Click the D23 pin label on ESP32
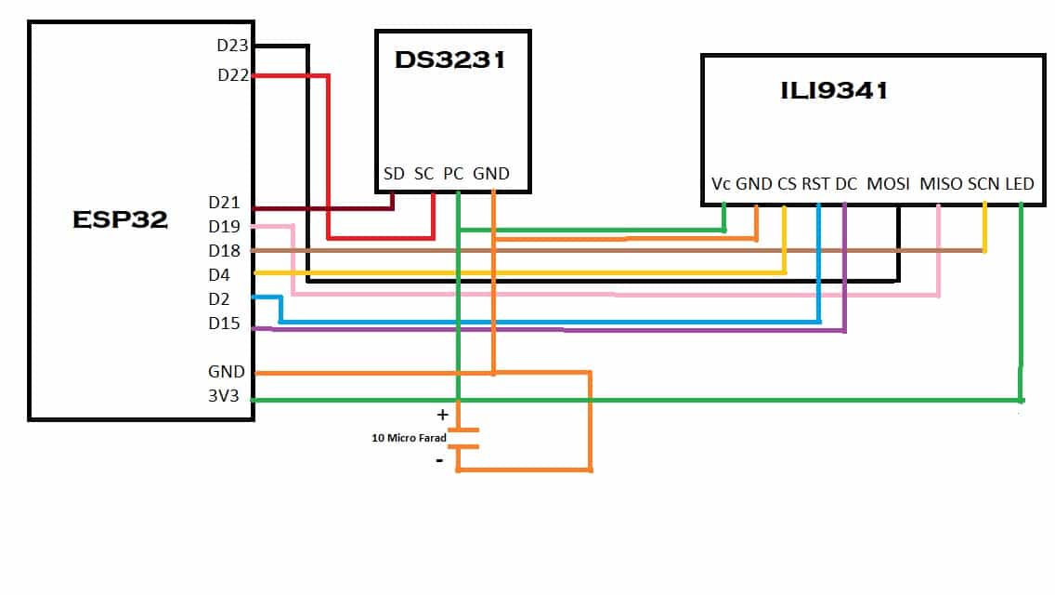[232, 45]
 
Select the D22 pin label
[232, 75]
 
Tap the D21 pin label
[224, 203]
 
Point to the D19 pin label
[224, 226]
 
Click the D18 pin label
[224, 251]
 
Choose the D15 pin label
[224, 324]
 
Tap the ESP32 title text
[121, 219]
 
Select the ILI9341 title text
[834, 90]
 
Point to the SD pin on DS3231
[394, 174]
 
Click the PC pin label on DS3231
[453, 174]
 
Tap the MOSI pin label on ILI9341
[889, 184]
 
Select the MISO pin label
[941, 184]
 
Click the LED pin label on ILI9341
[1019, 184]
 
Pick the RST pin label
[815, 184]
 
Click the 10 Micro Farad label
[410, 436]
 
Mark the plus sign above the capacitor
[442, 415]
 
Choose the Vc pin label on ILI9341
[722, 184]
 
